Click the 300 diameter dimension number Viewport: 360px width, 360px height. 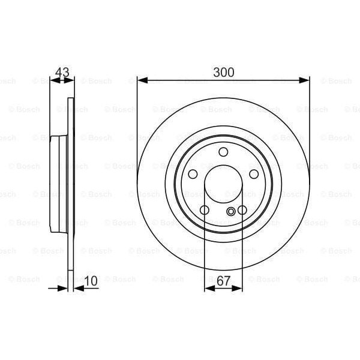point(223,72)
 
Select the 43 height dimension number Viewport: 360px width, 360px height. point(62,73)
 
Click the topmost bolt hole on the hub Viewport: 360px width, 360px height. point(223,152)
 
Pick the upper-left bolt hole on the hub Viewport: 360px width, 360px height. point(193,174)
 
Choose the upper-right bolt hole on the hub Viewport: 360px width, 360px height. point(254,174)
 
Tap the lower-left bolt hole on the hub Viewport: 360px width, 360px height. point(204,210)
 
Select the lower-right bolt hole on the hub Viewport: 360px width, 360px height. point(242,210)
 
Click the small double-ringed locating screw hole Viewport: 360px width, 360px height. point(232,211)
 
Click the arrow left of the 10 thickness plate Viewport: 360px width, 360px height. point(62,289)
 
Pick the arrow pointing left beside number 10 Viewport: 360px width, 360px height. point(79,289)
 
